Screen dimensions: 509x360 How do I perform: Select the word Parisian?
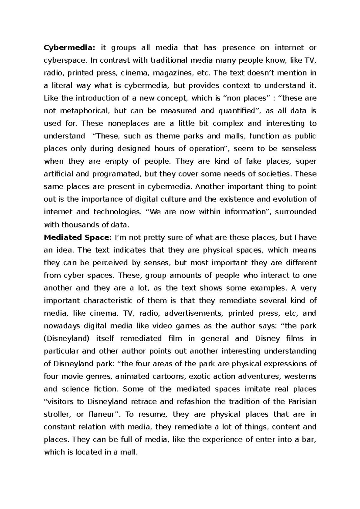point(302,402)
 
